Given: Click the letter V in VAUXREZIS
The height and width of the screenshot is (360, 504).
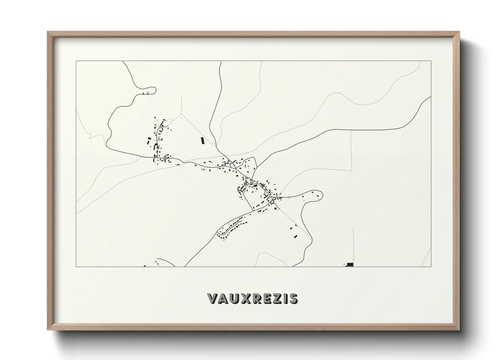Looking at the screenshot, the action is tap(212, 298).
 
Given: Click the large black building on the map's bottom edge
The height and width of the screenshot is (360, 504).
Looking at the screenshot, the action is tap(350, 264).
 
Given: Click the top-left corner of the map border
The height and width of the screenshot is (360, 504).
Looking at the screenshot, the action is tap(76, 61).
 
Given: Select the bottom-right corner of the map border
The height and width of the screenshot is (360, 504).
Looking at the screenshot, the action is tap(431, 266).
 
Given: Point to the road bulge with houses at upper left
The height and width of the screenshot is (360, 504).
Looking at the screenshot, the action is tap(147, 91).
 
